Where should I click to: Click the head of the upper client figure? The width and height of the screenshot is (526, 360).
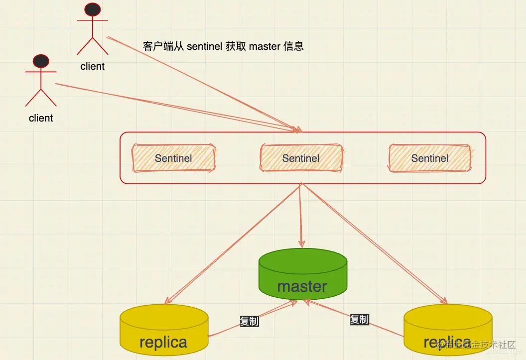pyautogui.click(x=93, y=9)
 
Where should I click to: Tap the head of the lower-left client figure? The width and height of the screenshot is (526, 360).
pyautogui.click(x=41, y=61)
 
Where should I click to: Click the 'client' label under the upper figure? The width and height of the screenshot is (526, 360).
pyautogui.click(x=93, y=66)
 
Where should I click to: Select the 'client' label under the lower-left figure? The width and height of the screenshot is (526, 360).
pyautogui.click(x=41, y=118)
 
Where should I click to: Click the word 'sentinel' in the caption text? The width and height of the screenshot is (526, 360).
pyautogui.click(x=204, y=46)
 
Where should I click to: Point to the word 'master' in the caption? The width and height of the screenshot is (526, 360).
pyautogui.click(x=264, y=46)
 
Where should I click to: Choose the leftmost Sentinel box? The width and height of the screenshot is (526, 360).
pyautogui.click(x=173, y=158)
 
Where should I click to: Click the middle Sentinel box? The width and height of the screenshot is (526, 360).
pyautogui.click(x=301, y=158)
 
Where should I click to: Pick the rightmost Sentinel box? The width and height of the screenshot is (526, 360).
pyautogui.click(x=429, y=158)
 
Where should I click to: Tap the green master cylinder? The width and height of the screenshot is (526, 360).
pyautogui.click(x=302, y=271)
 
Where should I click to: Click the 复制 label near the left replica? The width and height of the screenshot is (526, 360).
pyautogui.click(x=249, y=321)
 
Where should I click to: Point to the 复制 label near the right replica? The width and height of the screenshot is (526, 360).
pyautogui.click(x=359, y=319)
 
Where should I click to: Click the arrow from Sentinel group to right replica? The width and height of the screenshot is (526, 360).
pyautogui.click(x=374, y=244)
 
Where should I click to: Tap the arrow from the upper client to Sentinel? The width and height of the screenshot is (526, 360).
pyautogui.click(x=199, y=82)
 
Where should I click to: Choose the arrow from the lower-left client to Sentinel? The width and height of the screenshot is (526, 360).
pyautogui.click(x=174, y=107)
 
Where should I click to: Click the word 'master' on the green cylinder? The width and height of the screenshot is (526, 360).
pyautogui.click(x=302, y=286)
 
